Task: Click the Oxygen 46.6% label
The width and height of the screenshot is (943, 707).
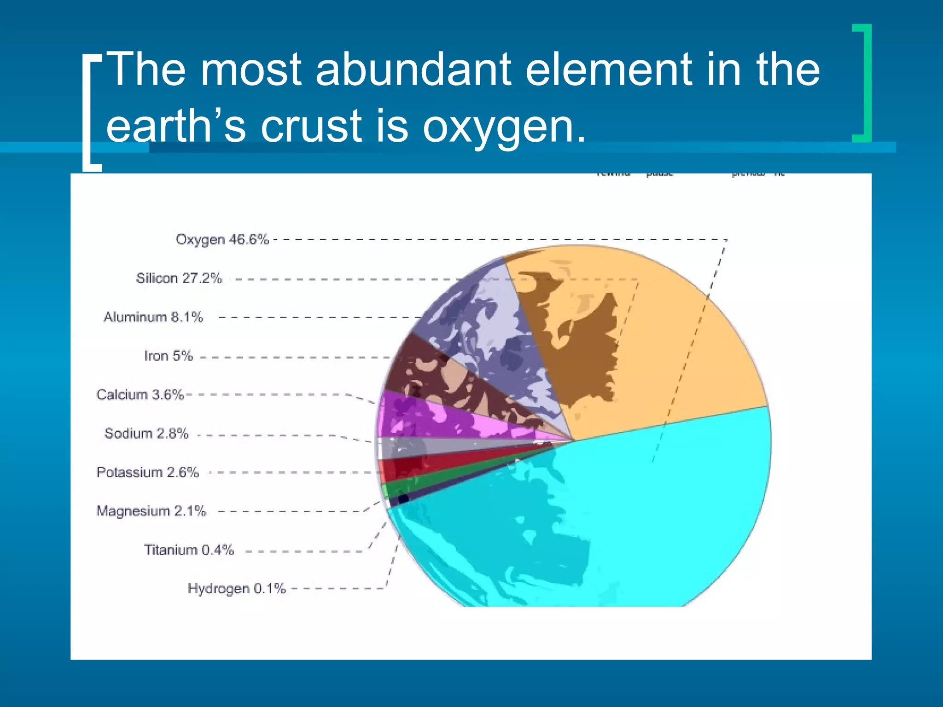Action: point(222,240)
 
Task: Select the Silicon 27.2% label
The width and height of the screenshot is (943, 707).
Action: point(179,278)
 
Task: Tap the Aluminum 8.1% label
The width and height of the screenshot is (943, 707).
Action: point(153,317)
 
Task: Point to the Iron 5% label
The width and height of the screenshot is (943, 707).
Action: point(168,356)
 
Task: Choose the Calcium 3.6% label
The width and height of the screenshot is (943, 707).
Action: point(140,395)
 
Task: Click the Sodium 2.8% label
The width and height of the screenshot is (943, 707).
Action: point(146,434)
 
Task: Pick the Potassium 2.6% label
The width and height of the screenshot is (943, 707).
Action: point(147,472)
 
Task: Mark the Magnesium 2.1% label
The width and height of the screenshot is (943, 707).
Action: point(151,511)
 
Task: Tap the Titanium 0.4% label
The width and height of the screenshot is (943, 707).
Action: point(189,550)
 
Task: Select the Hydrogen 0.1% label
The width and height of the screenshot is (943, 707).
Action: point(237,589)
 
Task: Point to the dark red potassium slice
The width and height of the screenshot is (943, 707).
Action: point(414,467)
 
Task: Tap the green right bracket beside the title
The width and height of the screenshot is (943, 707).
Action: point(863,83)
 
